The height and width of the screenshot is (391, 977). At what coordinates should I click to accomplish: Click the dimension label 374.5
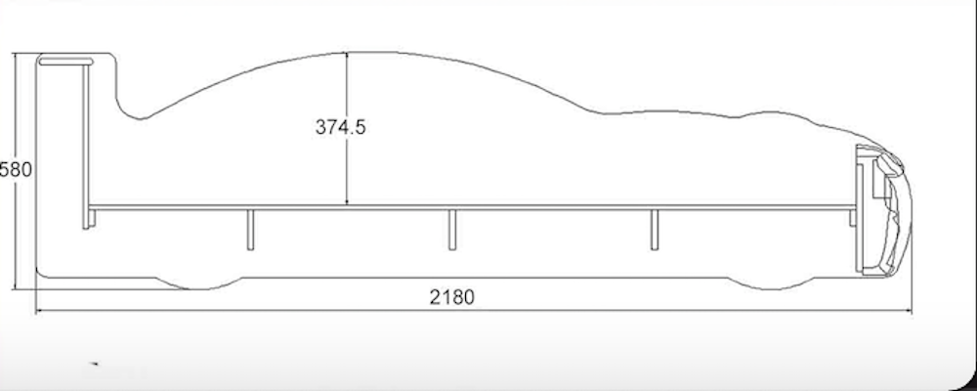tap(340, 127)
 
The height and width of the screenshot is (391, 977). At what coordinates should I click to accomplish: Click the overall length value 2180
tap(451, 297)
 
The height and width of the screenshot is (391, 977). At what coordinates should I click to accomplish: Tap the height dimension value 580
tap(16, 169)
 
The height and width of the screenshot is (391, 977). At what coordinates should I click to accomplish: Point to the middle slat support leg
tap(451, 230)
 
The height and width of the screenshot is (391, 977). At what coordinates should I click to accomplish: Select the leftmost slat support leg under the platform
tap(250, 230)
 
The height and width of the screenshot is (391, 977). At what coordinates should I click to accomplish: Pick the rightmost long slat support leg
tap(655, 230)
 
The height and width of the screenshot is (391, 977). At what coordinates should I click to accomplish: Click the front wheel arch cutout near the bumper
tap(772, 283)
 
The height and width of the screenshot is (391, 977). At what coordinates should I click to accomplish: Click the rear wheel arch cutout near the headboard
tap(198, 283)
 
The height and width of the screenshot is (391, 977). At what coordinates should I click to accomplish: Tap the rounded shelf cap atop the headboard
tap(65, 62)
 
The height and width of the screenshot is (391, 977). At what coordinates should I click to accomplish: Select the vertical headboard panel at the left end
tap(86, 147)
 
